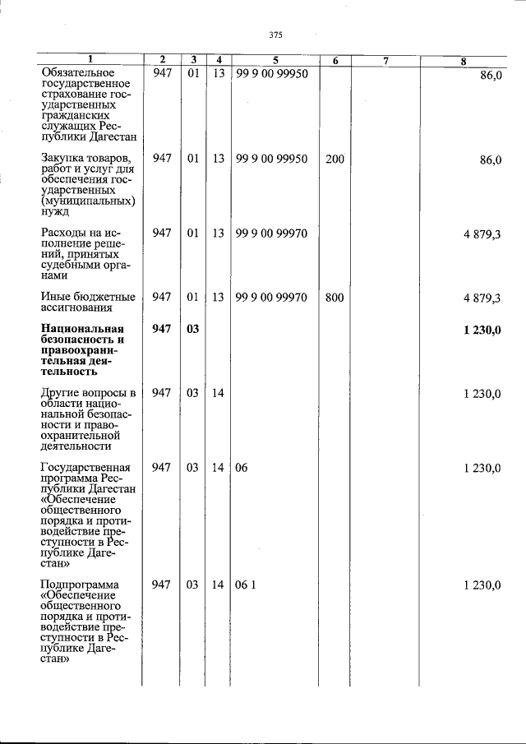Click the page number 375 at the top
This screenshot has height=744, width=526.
pos(275,35)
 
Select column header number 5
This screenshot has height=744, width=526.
pos(275,60)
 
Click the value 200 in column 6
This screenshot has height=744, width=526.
pos(335,159)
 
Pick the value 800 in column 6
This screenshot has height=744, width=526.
pos(335,298)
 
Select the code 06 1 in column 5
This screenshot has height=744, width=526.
pos(246,585)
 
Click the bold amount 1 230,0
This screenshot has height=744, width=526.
pos(482,330)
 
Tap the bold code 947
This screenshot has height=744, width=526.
pos(162,329)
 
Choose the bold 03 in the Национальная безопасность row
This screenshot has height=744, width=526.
pos(192,329)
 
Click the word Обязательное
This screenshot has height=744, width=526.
pos(81,74)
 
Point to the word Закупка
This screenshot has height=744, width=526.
pos(62,158)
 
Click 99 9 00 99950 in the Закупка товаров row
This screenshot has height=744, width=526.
pos(271,159)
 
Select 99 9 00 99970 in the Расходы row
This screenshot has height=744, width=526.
pos(271,233)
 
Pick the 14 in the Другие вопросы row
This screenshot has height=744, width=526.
pos(218,393)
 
